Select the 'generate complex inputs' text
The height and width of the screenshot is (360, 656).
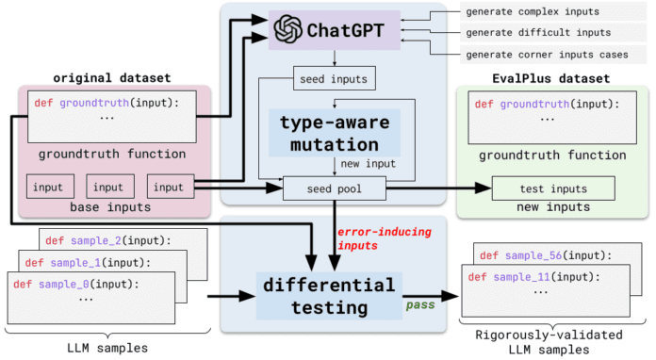pos(532,11)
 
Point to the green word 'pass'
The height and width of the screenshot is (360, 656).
pos(419,306)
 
